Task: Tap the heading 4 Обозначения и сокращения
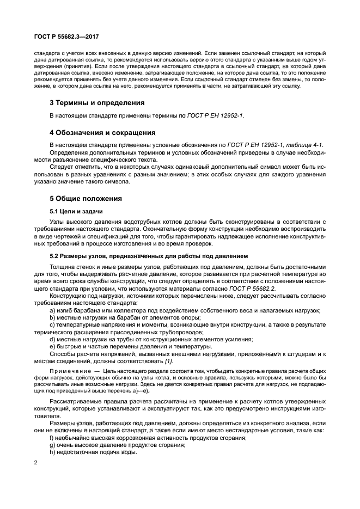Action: click(102, 132)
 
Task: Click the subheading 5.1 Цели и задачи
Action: click(76, 211)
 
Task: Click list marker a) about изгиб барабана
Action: click(52, 310)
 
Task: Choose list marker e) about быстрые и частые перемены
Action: click(52, 346)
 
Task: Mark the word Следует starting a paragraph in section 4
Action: click(63, 167)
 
